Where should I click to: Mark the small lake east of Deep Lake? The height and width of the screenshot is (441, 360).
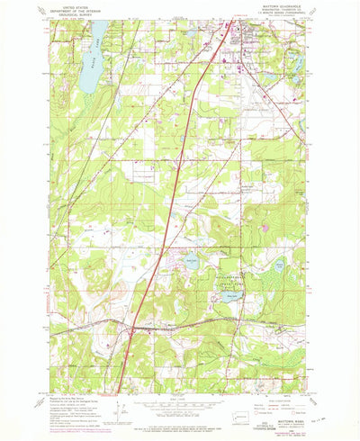279,266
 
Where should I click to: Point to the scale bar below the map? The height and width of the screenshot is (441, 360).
180,402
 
